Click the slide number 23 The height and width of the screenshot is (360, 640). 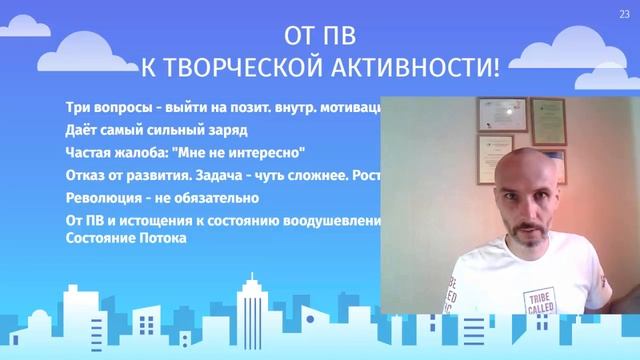(626, 13)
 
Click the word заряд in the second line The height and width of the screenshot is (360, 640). (226, 130)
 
